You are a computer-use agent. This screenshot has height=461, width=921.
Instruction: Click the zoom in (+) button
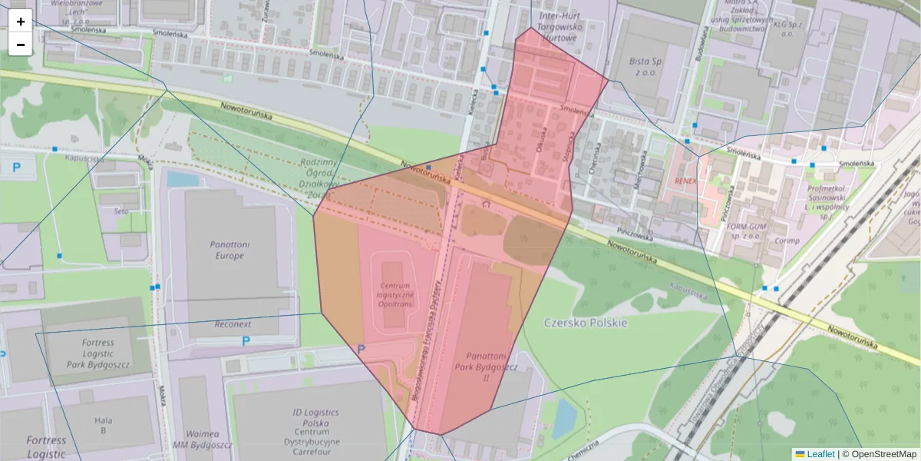pos(21,22)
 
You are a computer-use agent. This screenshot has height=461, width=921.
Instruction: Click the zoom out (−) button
pos(21,45)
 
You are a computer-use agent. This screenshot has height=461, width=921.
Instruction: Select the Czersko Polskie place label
pos(586,323)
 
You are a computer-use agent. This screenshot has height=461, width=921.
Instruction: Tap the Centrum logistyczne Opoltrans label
pos(396,294)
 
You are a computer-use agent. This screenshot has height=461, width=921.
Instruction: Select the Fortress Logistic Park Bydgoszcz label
pos(97,353)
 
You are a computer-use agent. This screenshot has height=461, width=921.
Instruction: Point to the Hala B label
pos(104,425)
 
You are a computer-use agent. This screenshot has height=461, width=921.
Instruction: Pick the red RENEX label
pos(685,181)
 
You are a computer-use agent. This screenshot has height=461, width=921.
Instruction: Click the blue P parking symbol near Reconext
pos(246,341)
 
